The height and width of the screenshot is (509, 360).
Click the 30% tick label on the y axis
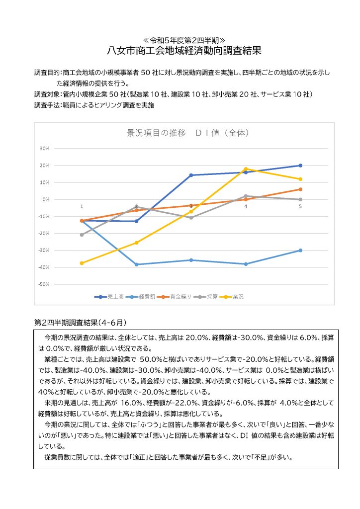(44, 149)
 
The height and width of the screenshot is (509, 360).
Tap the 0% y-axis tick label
(45, 199)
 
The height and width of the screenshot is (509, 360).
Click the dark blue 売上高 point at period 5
(300, 166)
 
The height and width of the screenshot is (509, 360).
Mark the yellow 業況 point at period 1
(82, 263)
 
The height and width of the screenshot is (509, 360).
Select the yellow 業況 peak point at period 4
(246, 169)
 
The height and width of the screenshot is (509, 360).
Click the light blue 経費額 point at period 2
(136, 264)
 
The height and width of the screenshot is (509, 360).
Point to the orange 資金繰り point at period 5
(300, 189)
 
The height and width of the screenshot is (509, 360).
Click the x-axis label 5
(300, 206)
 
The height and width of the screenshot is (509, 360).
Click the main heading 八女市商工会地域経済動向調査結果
(184, 51)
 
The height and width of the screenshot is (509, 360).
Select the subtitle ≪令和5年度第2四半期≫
(184, 39)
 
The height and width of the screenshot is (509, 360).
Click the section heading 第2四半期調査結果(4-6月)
(80, 322)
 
